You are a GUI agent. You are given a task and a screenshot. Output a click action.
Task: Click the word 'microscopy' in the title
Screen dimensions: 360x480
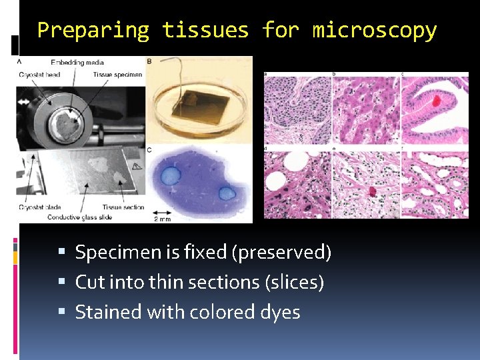click(x=375, y=31)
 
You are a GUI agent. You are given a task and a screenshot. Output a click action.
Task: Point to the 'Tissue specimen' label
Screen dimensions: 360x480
click(x=117, y=74)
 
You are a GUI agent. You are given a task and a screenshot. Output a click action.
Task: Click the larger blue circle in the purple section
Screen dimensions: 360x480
click(x=171, y=175)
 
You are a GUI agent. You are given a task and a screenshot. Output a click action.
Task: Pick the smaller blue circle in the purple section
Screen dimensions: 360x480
click(x=227, y=193)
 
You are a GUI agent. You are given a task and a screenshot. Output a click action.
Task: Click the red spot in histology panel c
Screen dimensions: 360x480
click(x=437, y=101)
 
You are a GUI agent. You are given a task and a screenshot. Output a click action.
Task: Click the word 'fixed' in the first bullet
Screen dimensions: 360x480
click(x=181, y=253)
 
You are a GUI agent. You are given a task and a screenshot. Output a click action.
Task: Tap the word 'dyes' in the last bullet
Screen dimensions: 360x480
click(x=281, y=311)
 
